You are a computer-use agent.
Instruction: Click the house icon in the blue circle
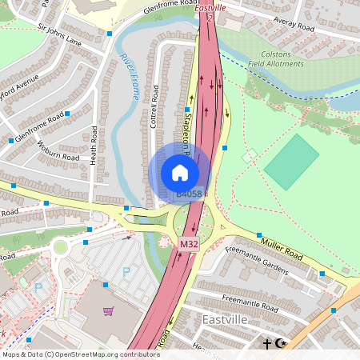pos(180,172)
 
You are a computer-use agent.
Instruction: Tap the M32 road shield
pos(188,243)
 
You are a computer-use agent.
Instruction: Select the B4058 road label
pos(190,193)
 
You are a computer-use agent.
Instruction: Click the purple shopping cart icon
pos(108,310)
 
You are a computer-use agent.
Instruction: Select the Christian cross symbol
pos(267,344)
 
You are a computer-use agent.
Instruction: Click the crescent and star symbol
pos(279,344)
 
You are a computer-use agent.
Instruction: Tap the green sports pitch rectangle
pos(291,162)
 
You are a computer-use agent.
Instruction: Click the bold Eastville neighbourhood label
pos(226,320)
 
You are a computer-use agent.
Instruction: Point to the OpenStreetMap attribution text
pos(82,354)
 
